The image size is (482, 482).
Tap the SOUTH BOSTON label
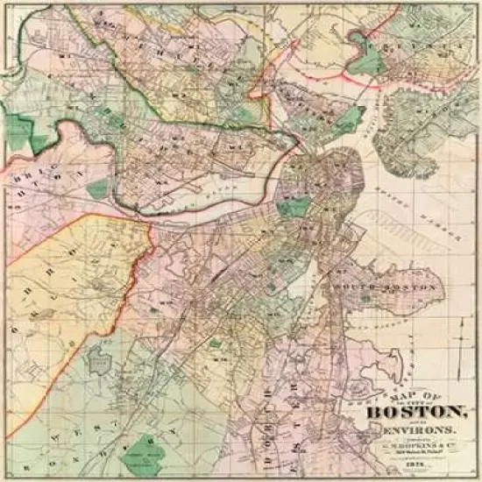[x=385, y=287]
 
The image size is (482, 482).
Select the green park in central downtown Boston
[x=294, y=208]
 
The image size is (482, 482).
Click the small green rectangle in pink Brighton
[x=99, y=188]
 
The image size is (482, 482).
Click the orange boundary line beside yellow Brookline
[x=149, y=254]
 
